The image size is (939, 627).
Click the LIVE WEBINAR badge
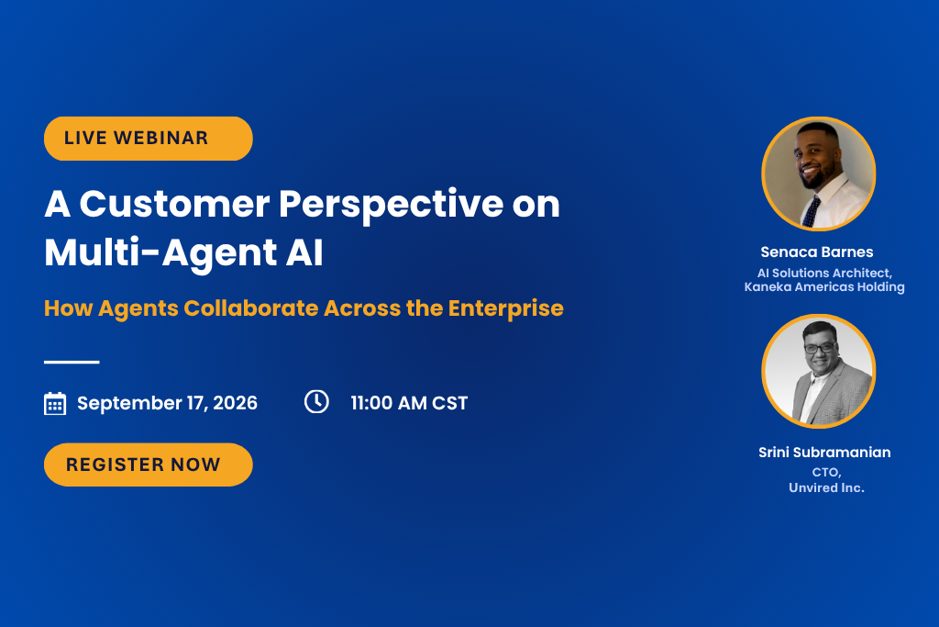click(x=148, y=139)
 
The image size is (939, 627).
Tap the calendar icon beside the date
click(x=55, y=403)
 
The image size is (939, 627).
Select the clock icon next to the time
click(x=316, y=401)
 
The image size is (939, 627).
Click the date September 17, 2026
click(x=167, y=403)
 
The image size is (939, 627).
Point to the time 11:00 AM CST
click(x=409, y=403)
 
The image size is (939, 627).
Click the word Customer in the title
click(x=174, y=204)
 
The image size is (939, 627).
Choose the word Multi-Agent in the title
click(x=160, y=253)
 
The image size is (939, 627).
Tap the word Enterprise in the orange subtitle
click(x=506, y=308)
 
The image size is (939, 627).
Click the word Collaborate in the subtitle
click(x=251, y=308)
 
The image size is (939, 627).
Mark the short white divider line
click(x=72, y=362)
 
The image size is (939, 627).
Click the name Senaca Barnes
click(x=817, y=252)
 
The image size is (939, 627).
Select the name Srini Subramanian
click(x=824, y=452)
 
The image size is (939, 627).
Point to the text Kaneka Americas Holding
click(x=824, y=287)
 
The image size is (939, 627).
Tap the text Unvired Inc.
click(x=826, y=488)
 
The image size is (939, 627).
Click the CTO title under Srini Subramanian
click(x=826, y=473)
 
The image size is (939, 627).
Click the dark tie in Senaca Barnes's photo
click(x=812, y=211)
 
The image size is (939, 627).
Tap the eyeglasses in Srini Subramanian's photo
click(x=820, y=348)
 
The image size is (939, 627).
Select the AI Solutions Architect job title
click(x=824, y=273)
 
